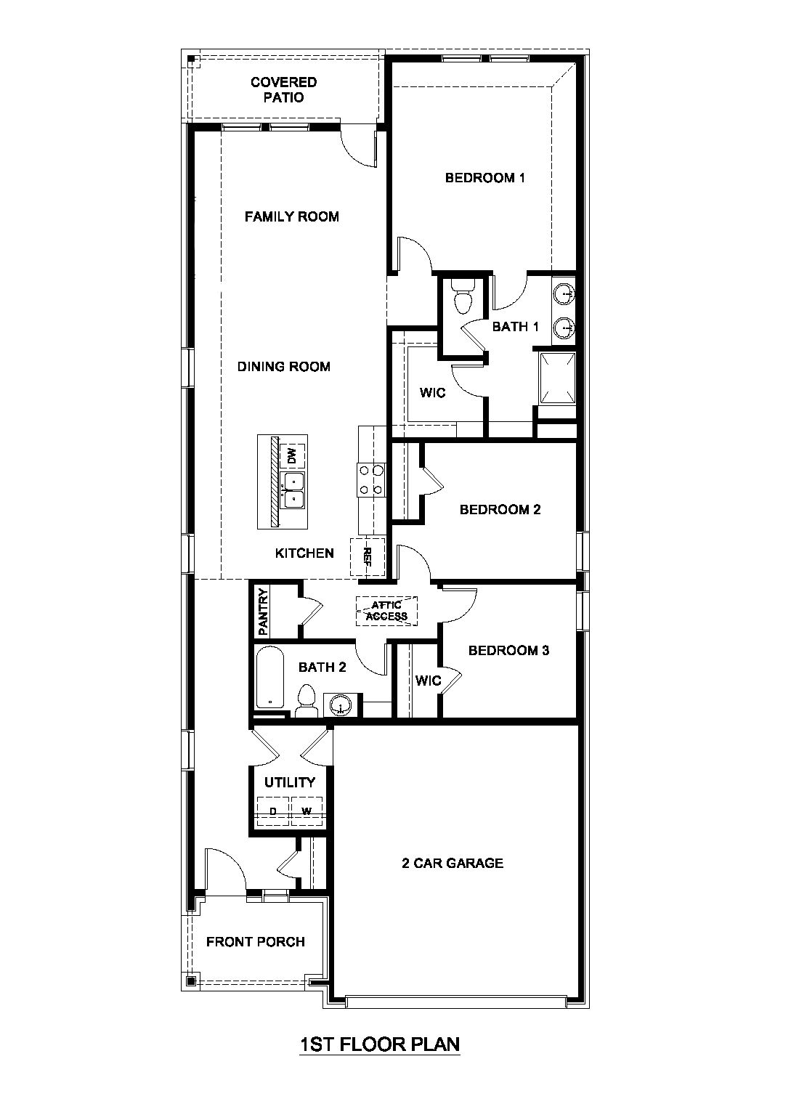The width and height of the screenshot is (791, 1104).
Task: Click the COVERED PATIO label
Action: point(283,90)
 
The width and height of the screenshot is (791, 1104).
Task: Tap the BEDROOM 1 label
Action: point(484,178)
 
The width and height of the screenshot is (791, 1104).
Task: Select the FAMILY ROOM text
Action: point(291,216)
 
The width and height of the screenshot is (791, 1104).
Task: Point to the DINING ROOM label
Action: point(283,367)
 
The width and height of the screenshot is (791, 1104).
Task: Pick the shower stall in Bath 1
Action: point(557,377)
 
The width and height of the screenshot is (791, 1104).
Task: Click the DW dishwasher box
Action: point(292,456)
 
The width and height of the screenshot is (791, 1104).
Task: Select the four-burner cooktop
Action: point(370,480)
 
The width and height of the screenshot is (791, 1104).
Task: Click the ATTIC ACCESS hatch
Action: point(386,611)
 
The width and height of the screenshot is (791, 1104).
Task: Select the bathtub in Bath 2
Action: point(271,677)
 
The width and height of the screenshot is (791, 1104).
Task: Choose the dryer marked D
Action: point(273,811)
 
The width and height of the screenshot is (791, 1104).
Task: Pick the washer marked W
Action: point(307,811)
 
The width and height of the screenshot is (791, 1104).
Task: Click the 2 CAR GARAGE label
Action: point(453,864)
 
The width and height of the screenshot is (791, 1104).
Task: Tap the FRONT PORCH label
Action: point(255,942)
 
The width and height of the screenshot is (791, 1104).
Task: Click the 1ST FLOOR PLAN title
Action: point(380,1044)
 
